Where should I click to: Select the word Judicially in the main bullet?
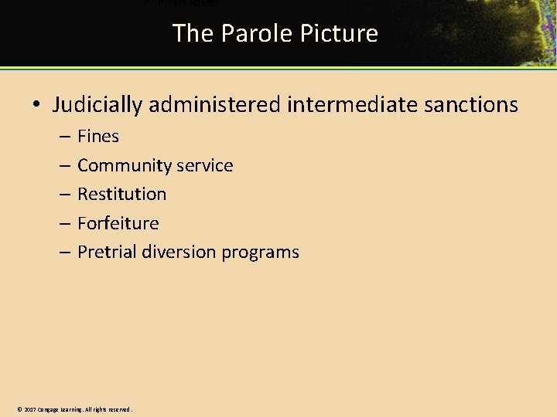point(97,105)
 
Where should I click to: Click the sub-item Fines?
point(98,137)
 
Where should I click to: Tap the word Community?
point(125,165)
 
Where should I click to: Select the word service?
point(205,165)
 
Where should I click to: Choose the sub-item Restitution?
point(121,194)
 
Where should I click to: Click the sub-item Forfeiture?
point(118,223)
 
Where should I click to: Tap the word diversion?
point(179,252)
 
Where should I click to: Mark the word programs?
point(261,252)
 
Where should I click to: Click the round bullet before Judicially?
point(36,106)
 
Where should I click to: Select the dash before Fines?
point(63,137)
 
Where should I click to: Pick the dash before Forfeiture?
point(63,223)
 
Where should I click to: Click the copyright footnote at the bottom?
point(74,409)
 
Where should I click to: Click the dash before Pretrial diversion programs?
point(63,252)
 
